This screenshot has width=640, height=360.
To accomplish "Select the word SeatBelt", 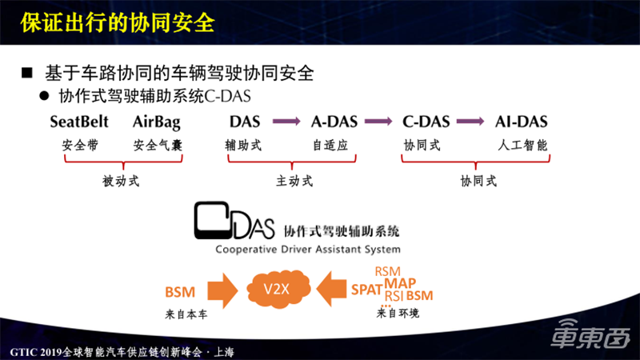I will point(79,122).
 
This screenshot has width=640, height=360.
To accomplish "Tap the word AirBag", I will point(157,122).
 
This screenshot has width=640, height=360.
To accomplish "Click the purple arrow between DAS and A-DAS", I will point(286,122).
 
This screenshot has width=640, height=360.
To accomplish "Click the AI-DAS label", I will point(521,122).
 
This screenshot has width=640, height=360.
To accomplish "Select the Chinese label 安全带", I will point(78,146).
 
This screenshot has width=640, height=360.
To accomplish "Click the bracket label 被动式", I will point(122,181).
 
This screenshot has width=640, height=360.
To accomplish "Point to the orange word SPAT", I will point(366,291).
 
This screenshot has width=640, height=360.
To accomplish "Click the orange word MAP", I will point(400,283).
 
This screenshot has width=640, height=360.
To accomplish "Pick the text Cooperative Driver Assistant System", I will point(306,249).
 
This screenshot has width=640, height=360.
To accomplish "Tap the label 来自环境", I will point(398,313).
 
